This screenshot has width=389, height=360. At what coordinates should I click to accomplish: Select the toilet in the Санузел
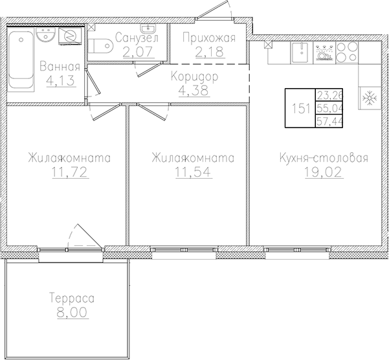coord(101,46)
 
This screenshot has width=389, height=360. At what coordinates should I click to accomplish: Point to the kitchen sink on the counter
coord(300,51)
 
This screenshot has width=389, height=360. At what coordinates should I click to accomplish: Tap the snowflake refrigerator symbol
coord(369,98)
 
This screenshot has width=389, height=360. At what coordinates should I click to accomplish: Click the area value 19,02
coord(323,172)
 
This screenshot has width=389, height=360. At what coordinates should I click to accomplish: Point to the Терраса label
coord(72,298)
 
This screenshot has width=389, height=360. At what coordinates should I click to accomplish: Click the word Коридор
coord(195,77)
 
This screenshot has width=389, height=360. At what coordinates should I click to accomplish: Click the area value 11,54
coord(192,172)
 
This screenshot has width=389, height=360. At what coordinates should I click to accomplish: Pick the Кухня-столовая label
coord(324,158)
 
